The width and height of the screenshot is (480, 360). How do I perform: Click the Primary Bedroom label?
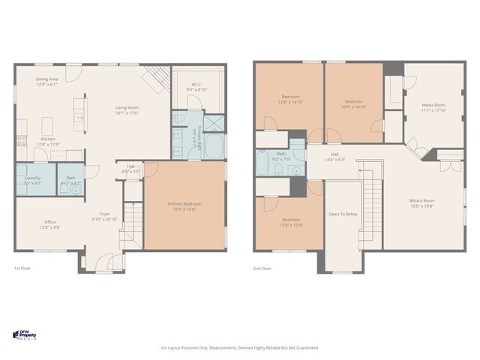click(184, 204)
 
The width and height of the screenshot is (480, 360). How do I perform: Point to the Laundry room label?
click(31, 178)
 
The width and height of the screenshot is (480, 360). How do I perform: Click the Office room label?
click(50, 221)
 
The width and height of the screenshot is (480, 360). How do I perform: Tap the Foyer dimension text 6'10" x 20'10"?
click(105, 220)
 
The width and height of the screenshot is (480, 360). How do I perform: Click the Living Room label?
click(127, 107)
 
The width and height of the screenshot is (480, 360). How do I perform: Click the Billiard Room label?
click(423, 200)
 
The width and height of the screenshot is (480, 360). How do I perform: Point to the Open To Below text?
click(343, 214)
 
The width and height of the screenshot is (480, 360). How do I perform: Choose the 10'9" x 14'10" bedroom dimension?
click(354, 106)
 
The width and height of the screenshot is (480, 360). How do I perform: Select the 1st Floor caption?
click(22, 268)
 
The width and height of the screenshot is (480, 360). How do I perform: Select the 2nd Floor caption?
click(262, 268)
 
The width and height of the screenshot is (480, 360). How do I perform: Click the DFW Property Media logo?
click(26, 334)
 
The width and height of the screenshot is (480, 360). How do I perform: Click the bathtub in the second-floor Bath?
click(264, 161)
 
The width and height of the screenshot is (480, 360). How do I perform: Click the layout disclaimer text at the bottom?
click(240, 347)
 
